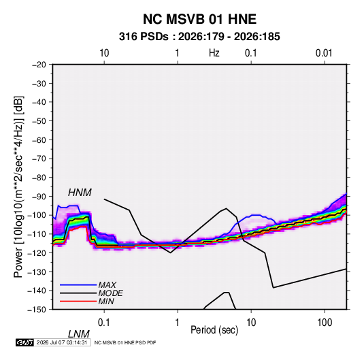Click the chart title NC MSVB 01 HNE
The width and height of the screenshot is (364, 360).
coord(199,19)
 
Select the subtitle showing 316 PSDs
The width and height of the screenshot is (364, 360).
coord(199,37)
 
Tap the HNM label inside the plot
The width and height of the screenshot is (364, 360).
coord(80,193)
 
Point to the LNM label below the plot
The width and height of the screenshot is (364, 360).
coord(79,334)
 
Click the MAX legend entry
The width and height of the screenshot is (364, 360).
coord(107,284)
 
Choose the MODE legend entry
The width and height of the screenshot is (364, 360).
coord(110,293)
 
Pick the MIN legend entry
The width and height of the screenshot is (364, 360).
coord(106,301)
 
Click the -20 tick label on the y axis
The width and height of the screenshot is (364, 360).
coord(39,65)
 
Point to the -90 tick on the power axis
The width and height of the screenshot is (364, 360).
coord(39,197)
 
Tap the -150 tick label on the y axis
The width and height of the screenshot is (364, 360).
coord(37,310)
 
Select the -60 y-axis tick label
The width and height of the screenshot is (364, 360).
coord(39,140)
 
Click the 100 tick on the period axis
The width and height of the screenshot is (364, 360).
coord(325,323)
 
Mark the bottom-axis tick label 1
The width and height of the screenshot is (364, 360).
coord(177,323)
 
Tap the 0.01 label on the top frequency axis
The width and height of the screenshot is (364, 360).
coord(324,53)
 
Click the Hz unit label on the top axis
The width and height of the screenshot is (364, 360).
coord(214,53)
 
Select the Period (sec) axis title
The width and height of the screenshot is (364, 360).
coord(214,330)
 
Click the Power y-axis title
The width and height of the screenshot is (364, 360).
coord(18,187)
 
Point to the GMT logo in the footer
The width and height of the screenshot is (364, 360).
coord(24,342)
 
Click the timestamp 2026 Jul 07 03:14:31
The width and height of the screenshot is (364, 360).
coord(62,342)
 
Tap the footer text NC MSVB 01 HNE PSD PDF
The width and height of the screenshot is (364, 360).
coord(125,342)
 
